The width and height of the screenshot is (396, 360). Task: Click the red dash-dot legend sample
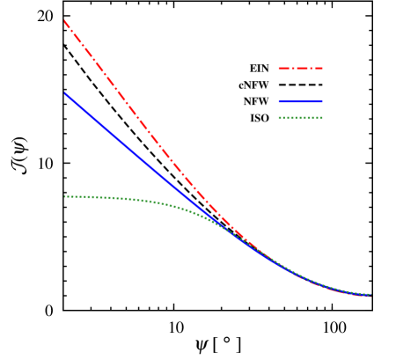coord(301,68)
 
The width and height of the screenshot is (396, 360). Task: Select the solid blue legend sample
coord(301,101)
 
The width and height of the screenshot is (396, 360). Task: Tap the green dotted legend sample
coord(301,118)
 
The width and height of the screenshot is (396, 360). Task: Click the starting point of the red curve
coord(64,20)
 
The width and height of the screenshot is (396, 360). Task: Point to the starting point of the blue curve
coord(64,92)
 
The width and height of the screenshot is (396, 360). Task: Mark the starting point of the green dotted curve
coord(64,196)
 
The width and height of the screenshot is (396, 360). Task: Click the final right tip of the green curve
coord(371,294)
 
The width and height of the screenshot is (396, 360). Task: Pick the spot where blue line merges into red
coord(231,231)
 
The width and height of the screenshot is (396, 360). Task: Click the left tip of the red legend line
coord(279,68)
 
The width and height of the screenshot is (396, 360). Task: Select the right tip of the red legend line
coord(323,68)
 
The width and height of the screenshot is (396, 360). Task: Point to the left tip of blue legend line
coord(279,101)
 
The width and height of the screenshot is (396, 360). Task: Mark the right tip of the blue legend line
coord(323,101)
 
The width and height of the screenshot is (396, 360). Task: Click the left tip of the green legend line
coord(279,118)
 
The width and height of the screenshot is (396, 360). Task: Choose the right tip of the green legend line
coord(323,118)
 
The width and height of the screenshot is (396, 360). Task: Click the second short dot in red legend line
coord(309,68)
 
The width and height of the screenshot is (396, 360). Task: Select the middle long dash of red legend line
coord(301,68)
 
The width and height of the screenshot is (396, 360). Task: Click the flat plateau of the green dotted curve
coord(88,197)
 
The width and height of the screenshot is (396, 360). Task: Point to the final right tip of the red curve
coord(371,297)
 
